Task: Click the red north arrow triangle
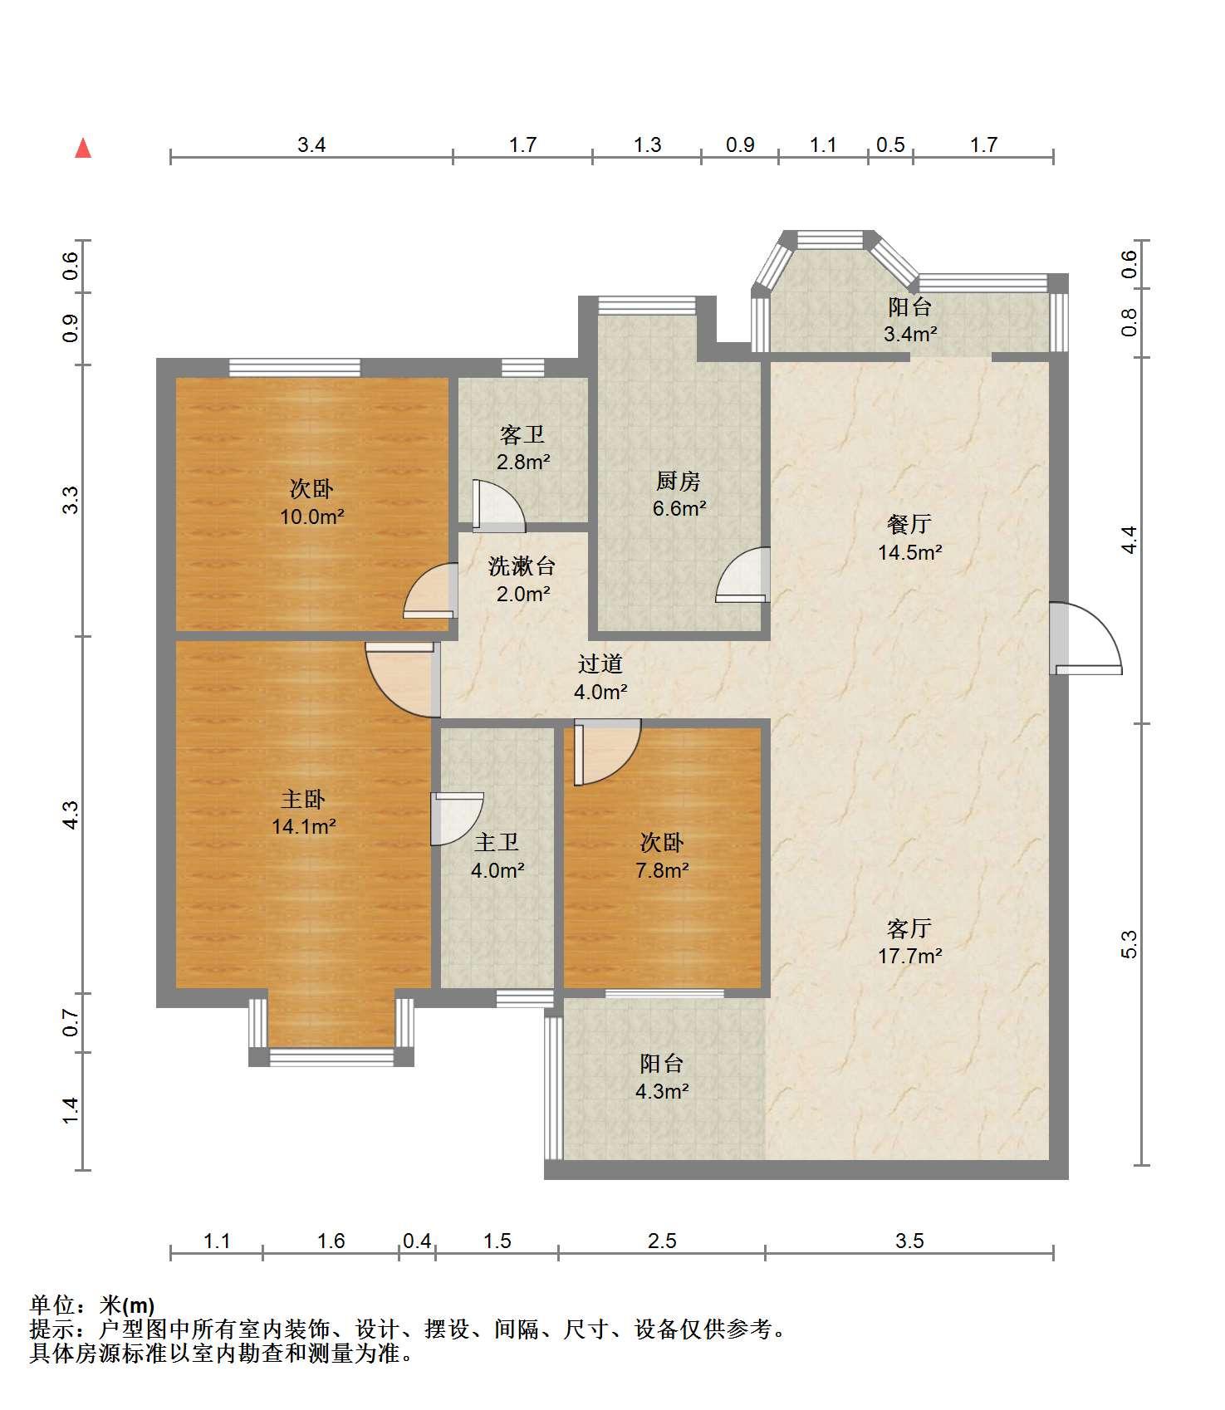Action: pos(83,148)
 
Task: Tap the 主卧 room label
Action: pos(303,799)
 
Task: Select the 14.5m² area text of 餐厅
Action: pos(910,551)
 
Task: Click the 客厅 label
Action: pos(909,928)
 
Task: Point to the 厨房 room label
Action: pos(679,480)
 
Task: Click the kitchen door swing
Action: pos(743,574)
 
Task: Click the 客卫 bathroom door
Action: pos(498,505)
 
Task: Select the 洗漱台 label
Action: pos(522,566)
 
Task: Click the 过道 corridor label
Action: pos(600,663)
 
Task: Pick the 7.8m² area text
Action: pos(662,870)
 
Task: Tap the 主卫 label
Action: pos(497,843)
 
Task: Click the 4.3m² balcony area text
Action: pos(662,1091)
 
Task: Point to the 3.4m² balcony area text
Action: pos(910,334)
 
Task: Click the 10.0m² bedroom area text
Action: pos(312,517)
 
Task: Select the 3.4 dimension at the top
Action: pos(311,144)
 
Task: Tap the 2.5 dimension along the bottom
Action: pos(662,1241)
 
